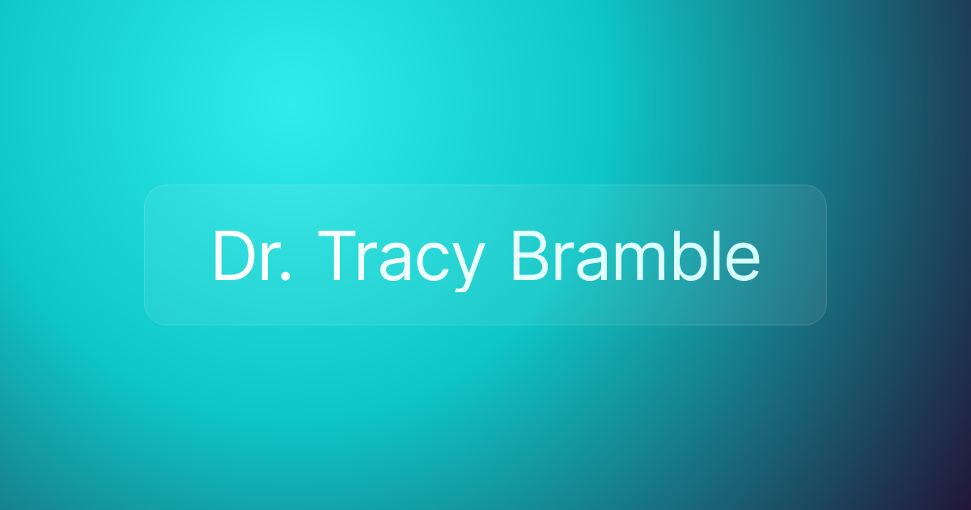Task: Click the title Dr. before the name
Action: tap(252, 256)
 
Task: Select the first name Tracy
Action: tap(401, 260)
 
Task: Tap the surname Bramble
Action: tap(636, 256)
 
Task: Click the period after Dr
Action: tap(285, 276)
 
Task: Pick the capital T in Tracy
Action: tap(337, 256)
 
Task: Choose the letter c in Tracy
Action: tap(432, 262)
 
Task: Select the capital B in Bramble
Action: tap(532, 256)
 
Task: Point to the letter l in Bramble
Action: tap(718, 256)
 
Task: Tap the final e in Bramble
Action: tap(743, 262)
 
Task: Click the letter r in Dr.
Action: tap(269, 262)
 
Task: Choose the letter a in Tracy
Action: tap(396, 262)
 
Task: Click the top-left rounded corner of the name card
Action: tap(150, 191)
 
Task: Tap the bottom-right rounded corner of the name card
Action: tap(820, 319)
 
